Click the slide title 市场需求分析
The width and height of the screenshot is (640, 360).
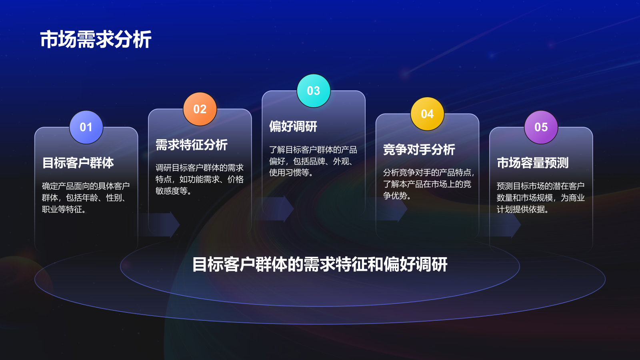(x=96, y=40)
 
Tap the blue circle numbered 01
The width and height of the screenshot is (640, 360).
(x=86, y=127)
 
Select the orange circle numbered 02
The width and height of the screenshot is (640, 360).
(x=200, y=109)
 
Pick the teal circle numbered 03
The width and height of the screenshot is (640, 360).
(x=314, y=91)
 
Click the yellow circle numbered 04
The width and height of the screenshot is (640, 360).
(x=427, y=114)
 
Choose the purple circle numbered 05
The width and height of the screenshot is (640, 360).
(x=541, y=127)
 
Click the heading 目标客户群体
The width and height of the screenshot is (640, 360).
(x=78, y=163)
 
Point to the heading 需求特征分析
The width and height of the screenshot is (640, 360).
(x=191, y=145)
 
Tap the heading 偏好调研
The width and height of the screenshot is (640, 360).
(x=293, y=126)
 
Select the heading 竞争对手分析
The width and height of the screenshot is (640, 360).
(x=419, y=150)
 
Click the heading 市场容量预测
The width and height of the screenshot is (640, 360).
(x=532, y=163)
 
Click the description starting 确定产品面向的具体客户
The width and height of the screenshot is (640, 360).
(x=86, y=198)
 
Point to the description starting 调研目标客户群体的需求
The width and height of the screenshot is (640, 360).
(x=199, y=179)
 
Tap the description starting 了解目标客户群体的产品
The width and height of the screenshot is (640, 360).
(x=313, y=161)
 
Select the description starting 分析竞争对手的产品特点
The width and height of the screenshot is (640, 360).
(x=428, y=184)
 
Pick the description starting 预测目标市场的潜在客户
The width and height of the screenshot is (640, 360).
(x=540, y=198)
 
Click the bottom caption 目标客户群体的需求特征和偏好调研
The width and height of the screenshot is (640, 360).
(x=320, y=264)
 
